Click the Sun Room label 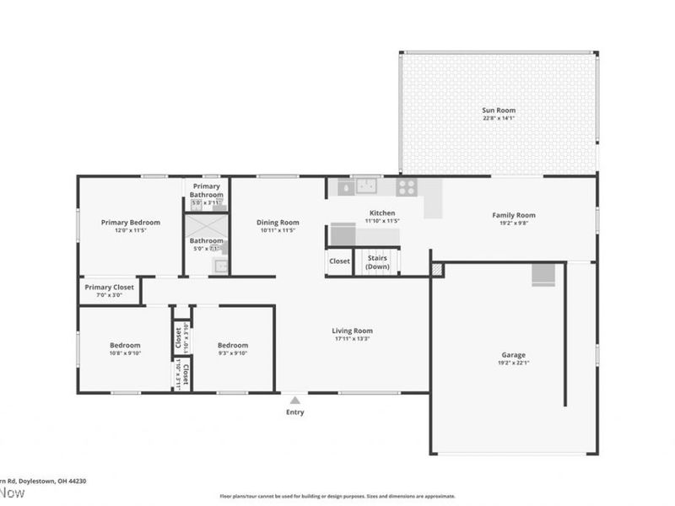tap(499, 110)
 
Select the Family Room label tap(514, 215)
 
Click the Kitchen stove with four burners tap(407, 187)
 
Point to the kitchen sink tap(366, 186)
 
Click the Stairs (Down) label tap(377, 262)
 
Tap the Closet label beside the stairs tap(339, 261)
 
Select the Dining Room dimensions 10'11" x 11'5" tap(278, 230)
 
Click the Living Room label tap(352, 331)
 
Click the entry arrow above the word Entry tap(294, 400)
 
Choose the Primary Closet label tap(110, 288)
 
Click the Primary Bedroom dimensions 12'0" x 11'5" tap(130, 230)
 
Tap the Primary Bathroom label tap(207, 191)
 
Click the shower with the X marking tap(207, 227)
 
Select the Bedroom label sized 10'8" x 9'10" tap(125, 345)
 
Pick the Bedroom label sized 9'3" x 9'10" tap(233, 345)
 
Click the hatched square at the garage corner tap(436, 269)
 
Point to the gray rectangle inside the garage tap(543, 275)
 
